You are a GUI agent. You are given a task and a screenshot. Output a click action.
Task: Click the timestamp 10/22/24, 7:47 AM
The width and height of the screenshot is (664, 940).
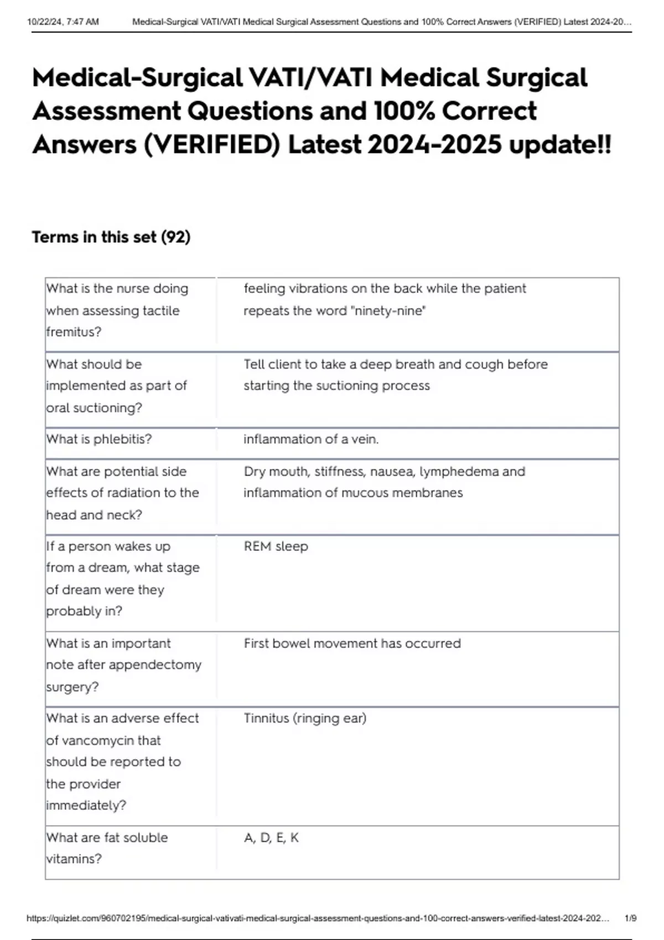63,22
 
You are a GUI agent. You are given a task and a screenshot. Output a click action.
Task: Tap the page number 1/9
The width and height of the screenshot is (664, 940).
630,918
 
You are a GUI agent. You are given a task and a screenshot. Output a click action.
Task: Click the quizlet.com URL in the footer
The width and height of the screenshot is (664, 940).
318,918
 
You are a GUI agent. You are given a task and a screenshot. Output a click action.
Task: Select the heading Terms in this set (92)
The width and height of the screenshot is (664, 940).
111,237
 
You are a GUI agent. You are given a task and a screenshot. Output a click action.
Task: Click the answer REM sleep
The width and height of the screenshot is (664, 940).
276,546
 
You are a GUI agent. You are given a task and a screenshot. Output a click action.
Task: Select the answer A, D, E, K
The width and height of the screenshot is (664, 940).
271,838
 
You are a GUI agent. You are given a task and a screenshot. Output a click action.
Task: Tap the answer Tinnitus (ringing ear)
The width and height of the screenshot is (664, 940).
305,718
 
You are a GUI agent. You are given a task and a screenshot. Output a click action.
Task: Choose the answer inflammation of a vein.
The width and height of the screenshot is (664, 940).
311,440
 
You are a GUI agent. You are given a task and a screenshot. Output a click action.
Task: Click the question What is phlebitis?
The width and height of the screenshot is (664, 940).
99,440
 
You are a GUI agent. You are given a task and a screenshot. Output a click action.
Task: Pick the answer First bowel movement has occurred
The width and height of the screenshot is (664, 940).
352,644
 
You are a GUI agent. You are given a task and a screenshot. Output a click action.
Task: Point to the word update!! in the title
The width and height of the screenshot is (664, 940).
560,145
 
